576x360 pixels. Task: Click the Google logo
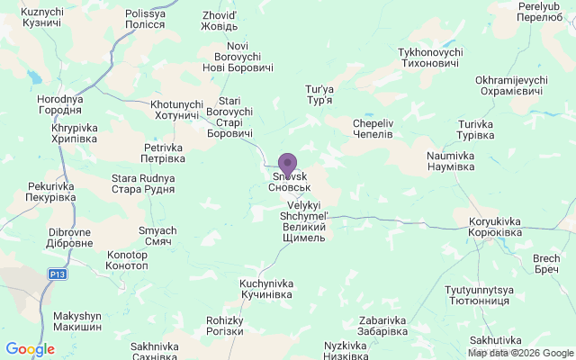pyautogui.click(x=30, y=349)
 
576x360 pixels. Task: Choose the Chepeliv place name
pyautogui.click(x=373, y=128)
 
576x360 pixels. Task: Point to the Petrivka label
pyautogui.click(x=164, y=153)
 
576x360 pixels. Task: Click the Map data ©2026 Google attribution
pyautogui.click(x=519, y=352)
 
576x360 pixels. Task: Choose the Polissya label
pyautogui.click(x=145, y=20)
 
